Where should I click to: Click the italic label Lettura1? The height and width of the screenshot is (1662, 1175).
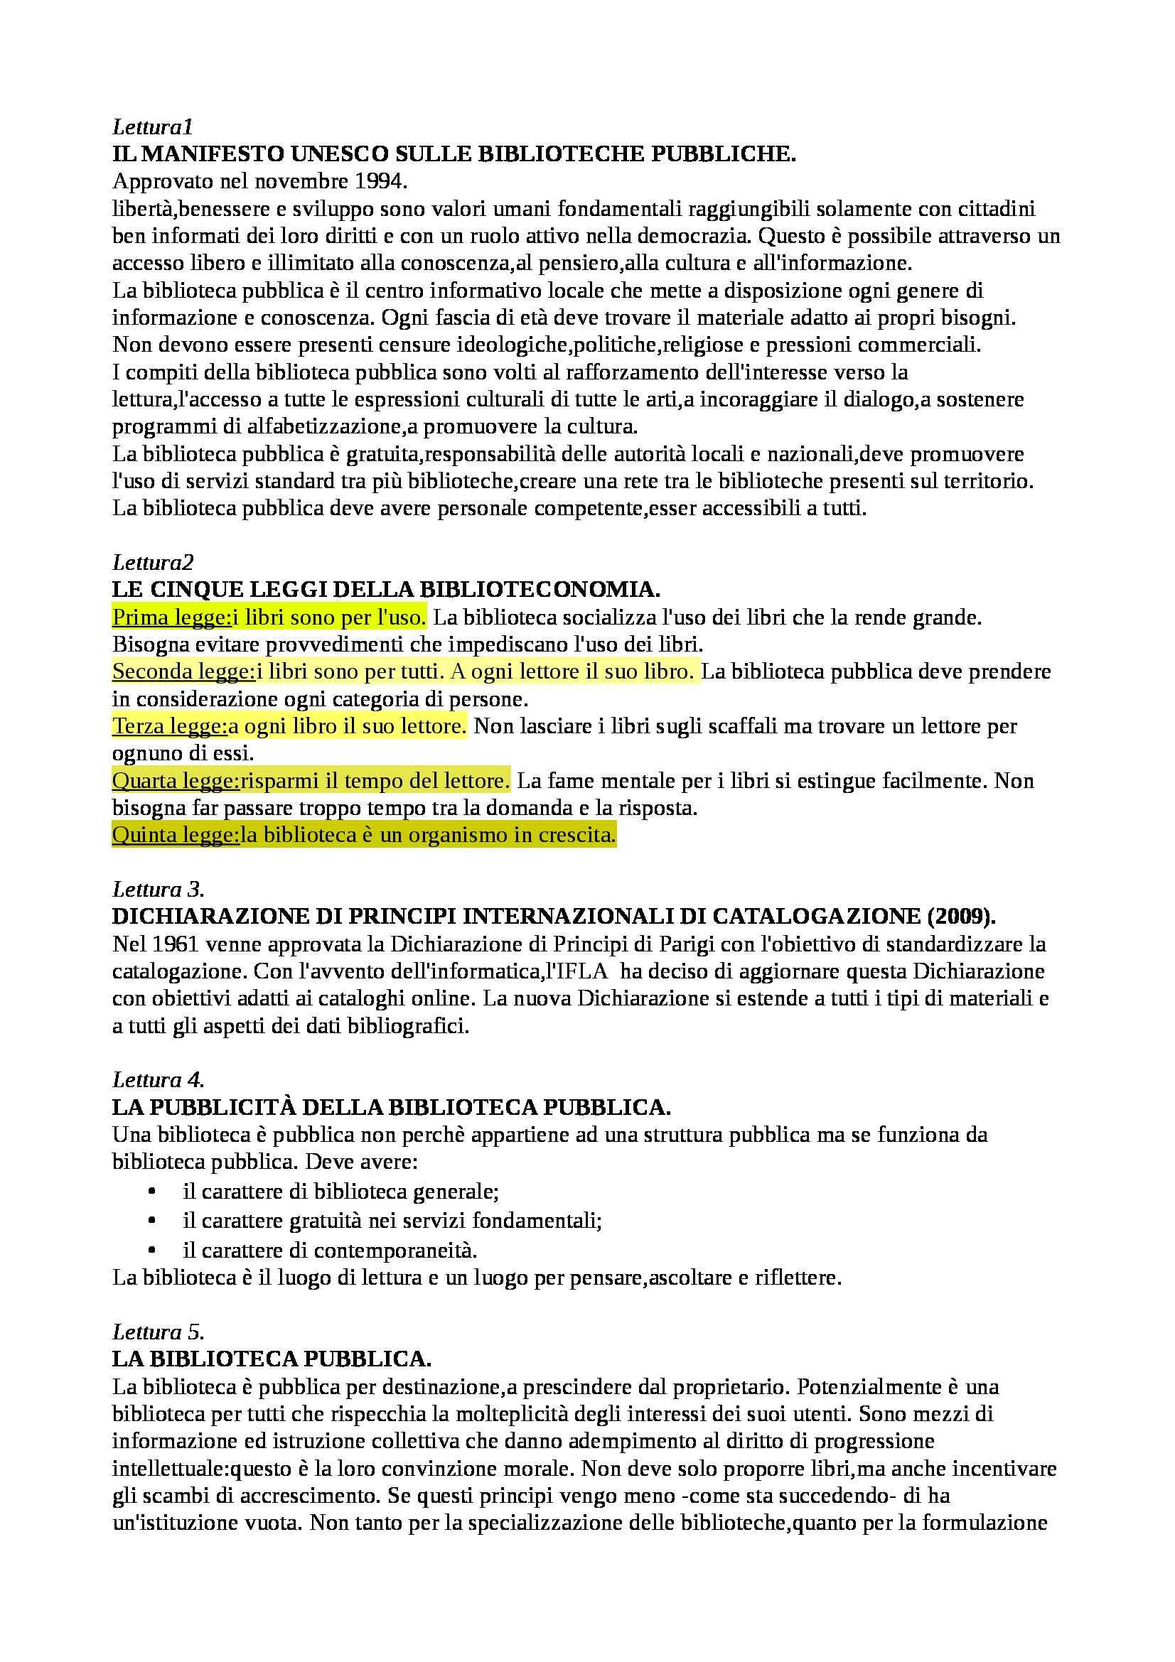pyautogui.click(x=153, y=127)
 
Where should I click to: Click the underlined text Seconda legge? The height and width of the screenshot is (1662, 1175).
pyautogui.click(x=184, y=671)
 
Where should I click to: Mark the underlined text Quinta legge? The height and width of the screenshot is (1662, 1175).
pyautogui.click(x=175, y=836)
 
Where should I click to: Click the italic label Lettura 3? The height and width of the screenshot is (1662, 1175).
pyautogui.click(x=159, y=890)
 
